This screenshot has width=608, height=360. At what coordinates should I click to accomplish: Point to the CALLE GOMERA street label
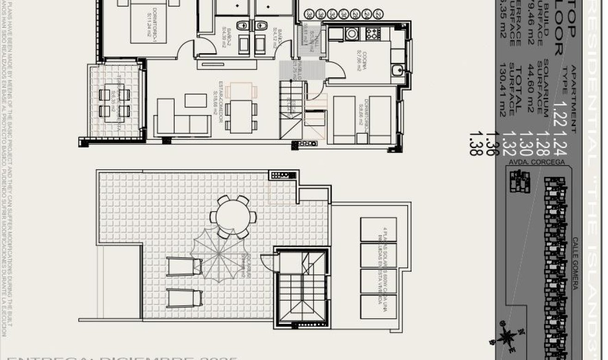tap(575, 263)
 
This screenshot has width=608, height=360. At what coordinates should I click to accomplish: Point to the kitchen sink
tap(397, 70)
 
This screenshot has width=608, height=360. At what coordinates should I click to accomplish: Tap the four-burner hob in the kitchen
tap(373, 33)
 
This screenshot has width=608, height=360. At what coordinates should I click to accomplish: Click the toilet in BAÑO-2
tap(242, 25)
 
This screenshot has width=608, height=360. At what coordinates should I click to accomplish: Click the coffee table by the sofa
tap(196, 100)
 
